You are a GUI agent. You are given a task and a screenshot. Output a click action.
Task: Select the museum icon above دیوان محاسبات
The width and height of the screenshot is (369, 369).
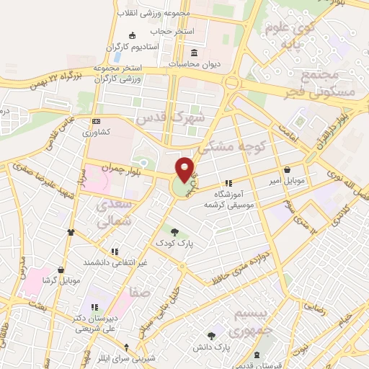pyautogui.click(x=195, y=53)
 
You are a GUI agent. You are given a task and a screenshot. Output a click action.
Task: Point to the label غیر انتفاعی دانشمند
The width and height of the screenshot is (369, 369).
pyautogui.click(x=117, y=262)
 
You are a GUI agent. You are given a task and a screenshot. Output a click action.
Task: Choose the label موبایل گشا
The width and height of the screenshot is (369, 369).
pyautogui.click(x=61, y=280)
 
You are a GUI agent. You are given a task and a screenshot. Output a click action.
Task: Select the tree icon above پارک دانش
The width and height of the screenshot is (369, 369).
pyautogui.click(x=211, y=336)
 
